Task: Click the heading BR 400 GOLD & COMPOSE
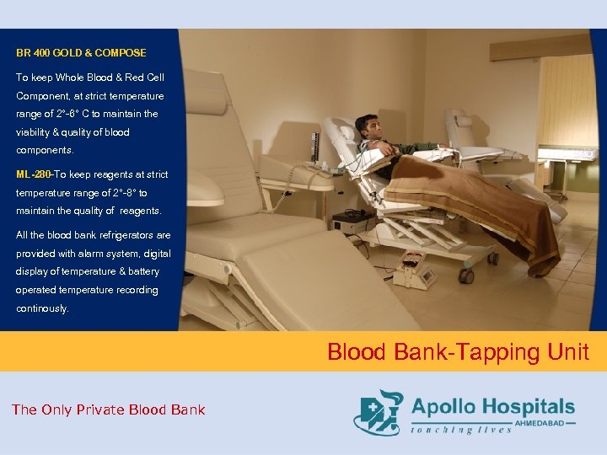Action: point(81,53)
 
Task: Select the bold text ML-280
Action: point(34,174)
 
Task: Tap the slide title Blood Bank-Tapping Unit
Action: point(458,351)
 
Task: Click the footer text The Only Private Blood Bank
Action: point(108,409)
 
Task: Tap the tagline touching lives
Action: point(461,430)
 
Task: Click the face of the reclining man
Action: point(366,127)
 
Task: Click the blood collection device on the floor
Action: point(415,270)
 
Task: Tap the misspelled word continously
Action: point(43,308)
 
